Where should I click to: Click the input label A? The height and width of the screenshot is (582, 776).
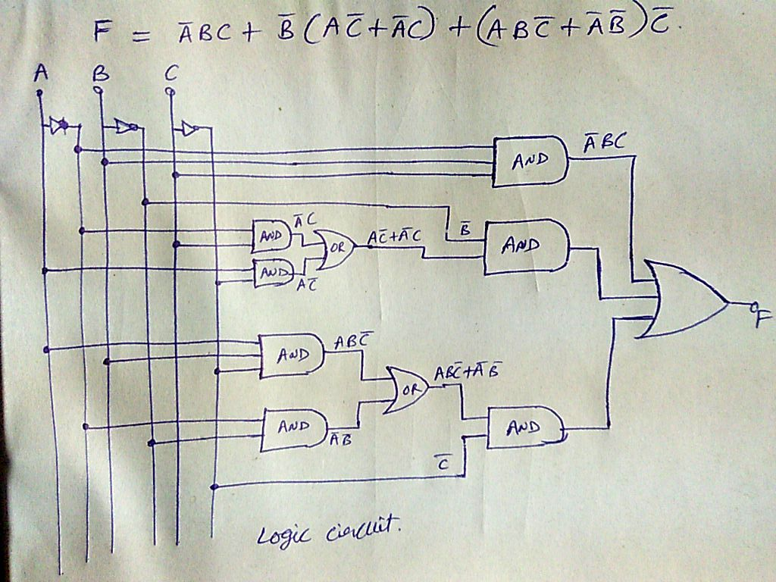click(x=41, y=73)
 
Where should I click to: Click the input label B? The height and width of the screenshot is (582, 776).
click(x=100, y=74)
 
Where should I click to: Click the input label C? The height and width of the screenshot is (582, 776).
click(x=171, y=74)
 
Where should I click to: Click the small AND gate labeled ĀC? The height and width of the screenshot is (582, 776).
click(x=271, y=236)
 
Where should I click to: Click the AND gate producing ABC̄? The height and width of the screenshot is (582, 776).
click(x=291, y=355)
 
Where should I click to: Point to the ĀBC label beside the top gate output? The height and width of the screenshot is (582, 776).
click(x=603, y=141)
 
